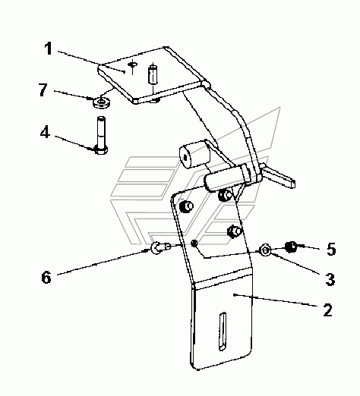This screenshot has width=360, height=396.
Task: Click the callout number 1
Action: point(48,49)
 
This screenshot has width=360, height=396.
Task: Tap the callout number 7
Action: point(43,90)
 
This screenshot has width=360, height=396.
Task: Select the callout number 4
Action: point(45,132)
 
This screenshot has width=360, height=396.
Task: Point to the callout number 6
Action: point(46,277)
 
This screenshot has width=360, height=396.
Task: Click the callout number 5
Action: point(331,249)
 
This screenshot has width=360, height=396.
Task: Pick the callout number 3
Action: point(330,279)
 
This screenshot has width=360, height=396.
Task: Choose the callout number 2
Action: point(327,310)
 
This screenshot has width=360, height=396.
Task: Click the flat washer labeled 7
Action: point(101,102)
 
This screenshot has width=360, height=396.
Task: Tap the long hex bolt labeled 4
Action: point(101,135)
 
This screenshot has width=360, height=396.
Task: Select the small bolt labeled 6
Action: point(160,247)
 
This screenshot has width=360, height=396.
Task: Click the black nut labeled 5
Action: point(291,247)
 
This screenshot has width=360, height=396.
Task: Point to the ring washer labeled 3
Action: point(265,250)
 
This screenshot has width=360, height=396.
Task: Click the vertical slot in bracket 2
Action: point(223,332)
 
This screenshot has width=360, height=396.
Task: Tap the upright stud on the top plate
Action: point(153,74)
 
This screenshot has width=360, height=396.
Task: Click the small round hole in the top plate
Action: point(133,64)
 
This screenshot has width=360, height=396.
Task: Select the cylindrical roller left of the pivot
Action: point(194,155)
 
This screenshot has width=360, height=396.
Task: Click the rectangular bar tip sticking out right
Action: point(279,176)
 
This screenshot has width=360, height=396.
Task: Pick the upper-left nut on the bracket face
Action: point(186,206)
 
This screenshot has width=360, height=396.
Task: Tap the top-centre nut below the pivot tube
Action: point(226,195)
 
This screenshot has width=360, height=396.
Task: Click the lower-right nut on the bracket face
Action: point(235,231)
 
